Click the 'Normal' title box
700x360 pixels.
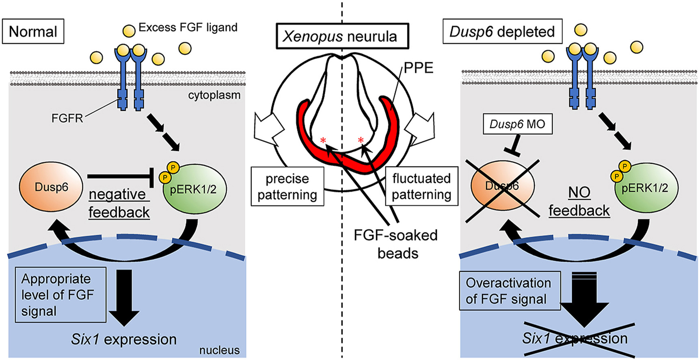[x=33, y=31]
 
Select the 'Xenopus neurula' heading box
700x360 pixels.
[x=342, y=37]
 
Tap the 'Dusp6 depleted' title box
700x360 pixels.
[x=502, y=31]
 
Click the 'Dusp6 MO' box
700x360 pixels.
[x=517, y=124]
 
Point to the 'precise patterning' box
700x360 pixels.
[x=287, y=187]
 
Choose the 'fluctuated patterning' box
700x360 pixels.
[x=421, y=187]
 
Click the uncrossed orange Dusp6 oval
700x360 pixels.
[x=51, y=187]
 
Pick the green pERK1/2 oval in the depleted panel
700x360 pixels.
[x=646, y=188]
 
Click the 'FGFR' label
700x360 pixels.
[x=67, y=118]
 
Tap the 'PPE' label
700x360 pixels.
[x=419, y=68]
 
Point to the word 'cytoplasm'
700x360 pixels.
[x=214, y=95]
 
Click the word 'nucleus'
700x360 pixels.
[x=219, y=350]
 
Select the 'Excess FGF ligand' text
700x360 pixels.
[x=188, y=27]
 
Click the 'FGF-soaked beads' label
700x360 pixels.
[x=396, y=244]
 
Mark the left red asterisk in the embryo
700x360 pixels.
[x=323, y=141]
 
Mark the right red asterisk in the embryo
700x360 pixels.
[x=361, y=141]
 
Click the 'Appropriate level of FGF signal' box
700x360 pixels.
[x=60, y=295]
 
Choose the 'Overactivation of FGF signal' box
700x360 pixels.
[x=510, y=291]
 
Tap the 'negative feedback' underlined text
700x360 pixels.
[x=119, y=203]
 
